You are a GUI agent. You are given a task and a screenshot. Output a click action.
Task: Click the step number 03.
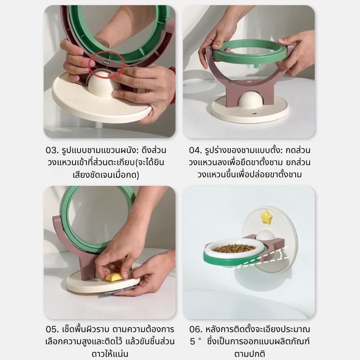(x=52, y=151)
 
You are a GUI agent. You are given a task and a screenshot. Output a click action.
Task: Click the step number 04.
(x=195, y=151)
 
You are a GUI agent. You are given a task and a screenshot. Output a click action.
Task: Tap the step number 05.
(x=52, y=329)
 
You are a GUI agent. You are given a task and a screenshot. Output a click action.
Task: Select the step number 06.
(x=196, y=329)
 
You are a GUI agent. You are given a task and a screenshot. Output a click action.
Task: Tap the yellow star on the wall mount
(x=265, y=217)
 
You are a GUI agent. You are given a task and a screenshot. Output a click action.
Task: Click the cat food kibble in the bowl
(x=234, y=248)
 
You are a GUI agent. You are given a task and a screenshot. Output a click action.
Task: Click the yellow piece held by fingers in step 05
(x=114, y=277)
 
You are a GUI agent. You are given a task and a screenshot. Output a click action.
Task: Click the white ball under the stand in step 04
(x=249, y=100)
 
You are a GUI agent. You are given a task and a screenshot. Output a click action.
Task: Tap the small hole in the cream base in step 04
(x=254, y=113)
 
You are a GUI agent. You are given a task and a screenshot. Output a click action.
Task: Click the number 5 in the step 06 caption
(x=193, y=342)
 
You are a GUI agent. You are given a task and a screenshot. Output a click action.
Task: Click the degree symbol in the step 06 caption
(x=200, y=339)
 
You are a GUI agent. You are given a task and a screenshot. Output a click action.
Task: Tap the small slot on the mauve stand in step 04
(x=250, y=81)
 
